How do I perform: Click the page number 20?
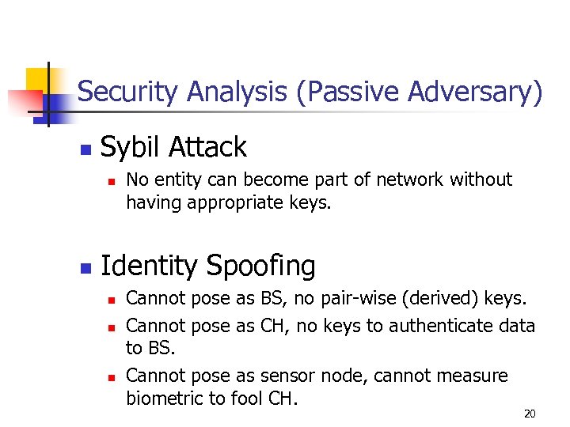tap(530, 414)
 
